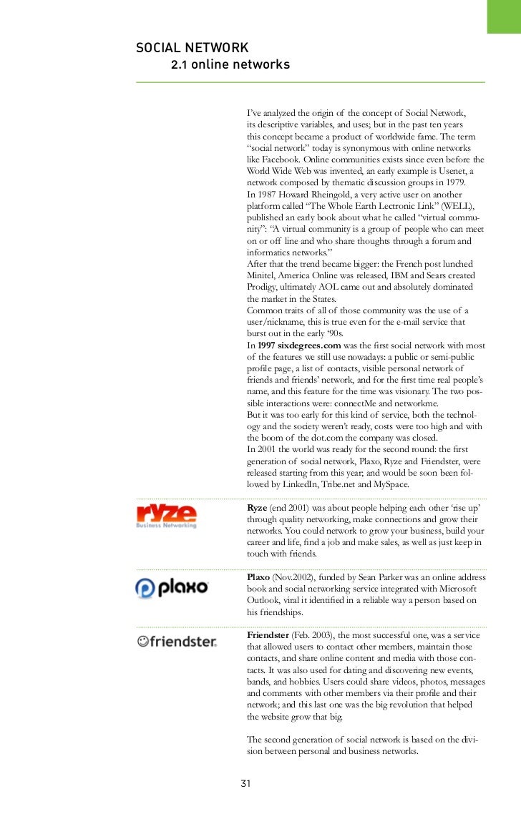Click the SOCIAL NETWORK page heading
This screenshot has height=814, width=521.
coord(192,48)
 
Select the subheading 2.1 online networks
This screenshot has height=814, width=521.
coord(230,66)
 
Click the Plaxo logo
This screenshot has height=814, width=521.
coord(171,588)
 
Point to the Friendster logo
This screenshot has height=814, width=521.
coord(177,642)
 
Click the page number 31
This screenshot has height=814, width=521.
coord(245,783)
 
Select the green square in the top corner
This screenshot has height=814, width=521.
coord(504,16)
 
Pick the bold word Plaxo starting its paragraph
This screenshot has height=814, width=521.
coord(258,577)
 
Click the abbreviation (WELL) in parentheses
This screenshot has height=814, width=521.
coord(452,206)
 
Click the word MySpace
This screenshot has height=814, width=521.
coord(390,484)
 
